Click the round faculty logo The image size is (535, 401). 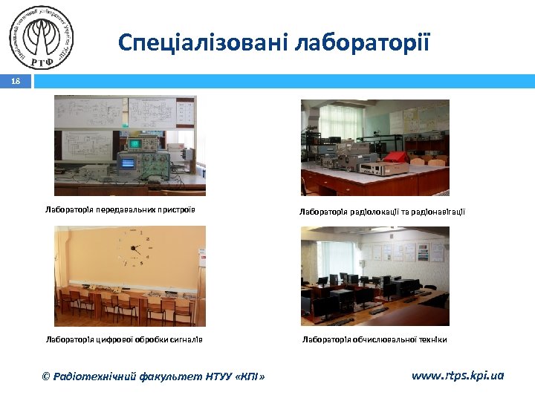[x=43, y=36]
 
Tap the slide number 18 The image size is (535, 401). [x=16, y=81]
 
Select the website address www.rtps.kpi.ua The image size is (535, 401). [x=457, y=376]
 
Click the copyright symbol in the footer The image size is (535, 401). [x=46, y=376]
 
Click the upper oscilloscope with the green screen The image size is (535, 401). [x=136, y=143]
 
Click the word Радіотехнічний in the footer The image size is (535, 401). [x=95, y=376]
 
